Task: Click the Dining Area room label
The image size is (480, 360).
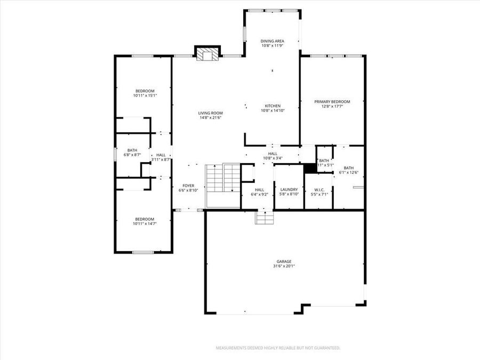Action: (x=272, y=41)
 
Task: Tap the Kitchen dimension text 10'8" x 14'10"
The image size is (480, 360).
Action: (x=273, y=111)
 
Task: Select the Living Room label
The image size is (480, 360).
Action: (x=210, y=113)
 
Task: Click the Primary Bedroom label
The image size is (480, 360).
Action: (x=332, y=102)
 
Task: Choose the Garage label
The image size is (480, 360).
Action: (x=284, y=261)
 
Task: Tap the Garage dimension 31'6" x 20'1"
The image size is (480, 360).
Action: (x=284, y=266)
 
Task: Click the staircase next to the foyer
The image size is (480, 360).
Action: (x=223, y=178)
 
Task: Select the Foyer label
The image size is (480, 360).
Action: (x=188, y=186)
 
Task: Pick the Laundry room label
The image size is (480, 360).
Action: (x=289, y=189)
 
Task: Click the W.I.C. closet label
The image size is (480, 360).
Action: (x=318, y=189)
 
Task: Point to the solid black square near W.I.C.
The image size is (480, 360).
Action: (x=310, y=167)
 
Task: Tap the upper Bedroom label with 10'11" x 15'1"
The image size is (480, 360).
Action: (x=145, y=91)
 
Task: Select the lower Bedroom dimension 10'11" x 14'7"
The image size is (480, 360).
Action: (x=145, y=224)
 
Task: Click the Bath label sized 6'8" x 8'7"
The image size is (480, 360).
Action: (x=132, y=150)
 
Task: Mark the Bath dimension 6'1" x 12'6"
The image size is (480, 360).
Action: (x=348, y=172)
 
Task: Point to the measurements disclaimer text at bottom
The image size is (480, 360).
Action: (x=278, y=348)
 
